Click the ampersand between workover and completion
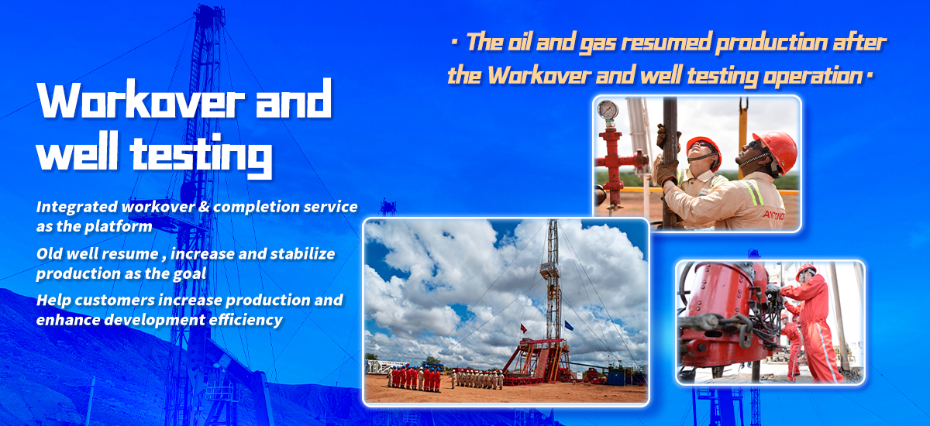click(203, 207)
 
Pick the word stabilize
click(302, 253)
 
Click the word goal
click(190, 273)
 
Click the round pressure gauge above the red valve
click(608, 109)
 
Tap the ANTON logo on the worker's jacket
click(773, 215)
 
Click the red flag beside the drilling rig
click(524, 328)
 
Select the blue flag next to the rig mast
click(568, 325)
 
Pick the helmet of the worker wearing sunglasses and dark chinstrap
click(777, 149)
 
